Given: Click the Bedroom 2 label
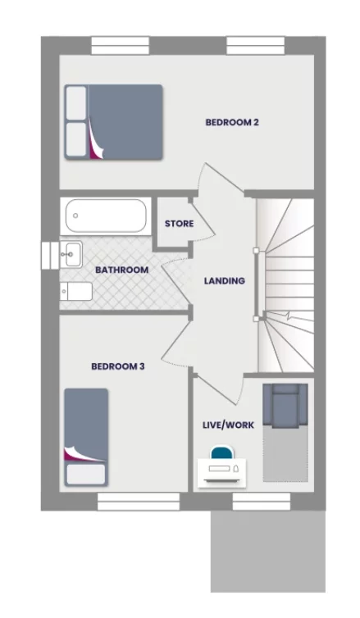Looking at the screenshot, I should click(x=232, y=123).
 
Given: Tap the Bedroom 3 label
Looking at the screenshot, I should click(x=118, y=366).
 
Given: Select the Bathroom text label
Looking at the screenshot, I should click(x=121, y=270).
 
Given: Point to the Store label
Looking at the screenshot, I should click(x=179, y=224).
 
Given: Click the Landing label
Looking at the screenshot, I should click(x=225, y=280).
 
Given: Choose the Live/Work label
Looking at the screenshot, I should click(x=228, y=425).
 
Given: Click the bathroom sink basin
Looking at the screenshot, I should click(x=70, y=253).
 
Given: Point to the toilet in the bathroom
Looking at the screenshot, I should click(x=76, y=292).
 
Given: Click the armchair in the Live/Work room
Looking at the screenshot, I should click(x=285, y=407).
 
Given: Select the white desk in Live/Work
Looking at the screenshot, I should click(x=222, y=471).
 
